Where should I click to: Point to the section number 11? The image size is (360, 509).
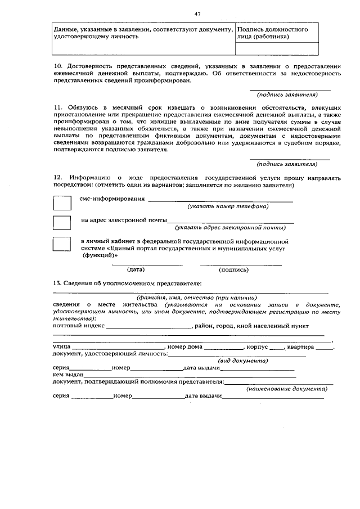(57, 106)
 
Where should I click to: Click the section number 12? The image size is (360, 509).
(57, 177)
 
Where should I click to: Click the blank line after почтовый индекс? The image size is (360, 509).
(149, 327)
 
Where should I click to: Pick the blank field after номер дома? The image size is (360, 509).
(223, 348)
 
